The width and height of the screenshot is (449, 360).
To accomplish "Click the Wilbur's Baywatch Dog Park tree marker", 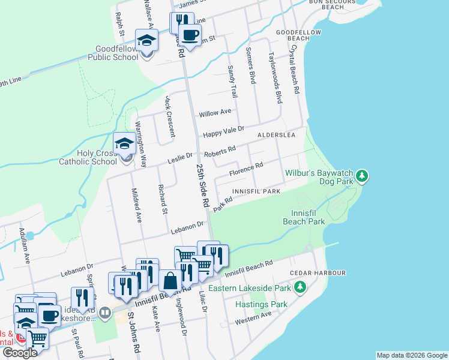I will [361, 176].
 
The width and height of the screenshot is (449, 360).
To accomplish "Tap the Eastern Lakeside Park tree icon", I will [300, 289].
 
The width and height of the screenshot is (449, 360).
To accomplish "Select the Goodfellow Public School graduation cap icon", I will [146, 41].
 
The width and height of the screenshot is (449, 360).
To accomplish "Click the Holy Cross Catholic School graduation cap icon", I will [124, 144].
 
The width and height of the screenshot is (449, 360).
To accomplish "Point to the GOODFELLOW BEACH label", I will [294, 34].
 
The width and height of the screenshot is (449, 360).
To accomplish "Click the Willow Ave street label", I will [215, 112].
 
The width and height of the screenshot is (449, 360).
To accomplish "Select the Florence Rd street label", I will [246, 170].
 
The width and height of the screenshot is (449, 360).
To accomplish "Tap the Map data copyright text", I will [411, 355].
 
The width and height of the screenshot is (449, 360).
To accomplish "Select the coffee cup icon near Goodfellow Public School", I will [190, 35].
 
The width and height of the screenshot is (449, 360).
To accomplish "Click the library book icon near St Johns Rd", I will [104, 313].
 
